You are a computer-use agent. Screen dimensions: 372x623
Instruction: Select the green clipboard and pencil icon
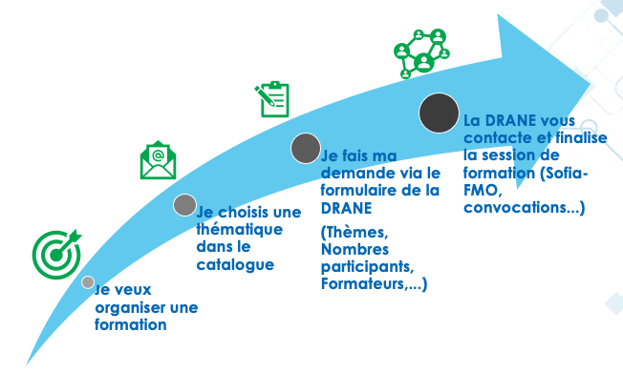click(x=272, y=99)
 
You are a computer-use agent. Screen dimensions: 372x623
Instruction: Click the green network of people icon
click(x=421, y=53)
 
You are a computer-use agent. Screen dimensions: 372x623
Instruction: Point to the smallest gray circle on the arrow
click(x=88, y=282)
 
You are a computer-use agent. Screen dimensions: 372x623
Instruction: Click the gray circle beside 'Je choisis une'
click(x=184, y=205)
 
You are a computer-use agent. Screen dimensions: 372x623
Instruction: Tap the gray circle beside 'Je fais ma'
click(x=305, y=149)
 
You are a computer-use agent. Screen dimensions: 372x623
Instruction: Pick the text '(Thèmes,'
click(x=353, y=233)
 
